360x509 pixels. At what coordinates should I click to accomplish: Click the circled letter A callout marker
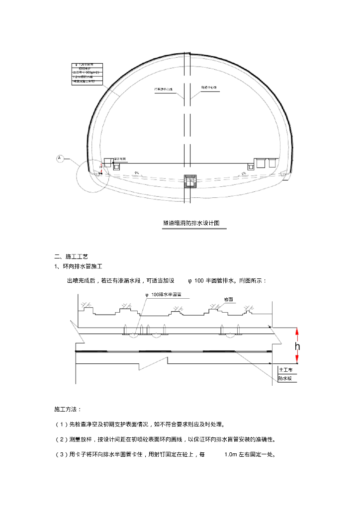point(60,158)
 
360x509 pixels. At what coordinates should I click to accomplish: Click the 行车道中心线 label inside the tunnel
point(163,89)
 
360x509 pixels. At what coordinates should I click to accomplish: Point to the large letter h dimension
point(297,346)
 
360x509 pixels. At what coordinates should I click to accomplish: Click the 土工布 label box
point(285,370)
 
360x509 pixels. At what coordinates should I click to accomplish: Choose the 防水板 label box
point(285,378)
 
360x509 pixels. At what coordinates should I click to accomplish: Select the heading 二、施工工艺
point(71,256)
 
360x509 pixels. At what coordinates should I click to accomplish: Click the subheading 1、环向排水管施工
point(78,267)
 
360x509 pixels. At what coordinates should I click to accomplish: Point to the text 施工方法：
point(68,409)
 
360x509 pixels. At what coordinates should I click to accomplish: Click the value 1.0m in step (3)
point(231,455)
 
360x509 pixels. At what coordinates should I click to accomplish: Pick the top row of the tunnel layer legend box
point(87,65)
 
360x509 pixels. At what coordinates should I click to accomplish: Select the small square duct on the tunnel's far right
point(272,163)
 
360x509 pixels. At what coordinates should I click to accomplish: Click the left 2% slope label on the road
point(136,172)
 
